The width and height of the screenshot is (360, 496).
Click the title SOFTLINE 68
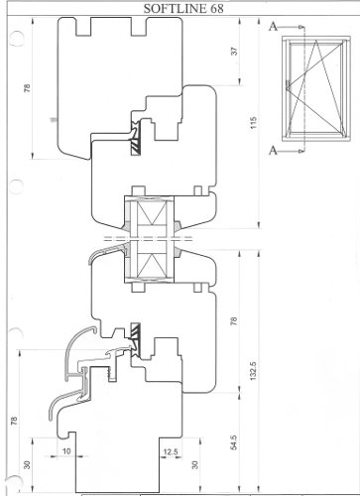(x=183, y=9)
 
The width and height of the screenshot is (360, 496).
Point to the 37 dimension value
(x=234, y=52)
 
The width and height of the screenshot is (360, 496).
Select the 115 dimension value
(x=253, y=123)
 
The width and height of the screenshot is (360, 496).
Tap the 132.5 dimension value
(x=253, y=371)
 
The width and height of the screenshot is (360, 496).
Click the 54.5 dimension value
(x=233, y=442)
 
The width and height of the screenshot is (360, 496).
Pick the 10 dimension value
(x=66, y=451)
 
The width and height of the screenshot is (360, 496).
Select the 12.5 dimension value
(x=171, y=451)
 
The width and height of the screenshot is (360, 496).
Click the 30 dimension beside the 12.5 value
(x=195, y=464)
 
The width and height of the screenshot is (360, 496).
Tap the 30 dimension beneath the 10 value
(x=27, y=464)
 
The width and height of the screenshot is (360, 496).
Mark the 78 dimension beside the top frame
(x=27, y=87)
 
